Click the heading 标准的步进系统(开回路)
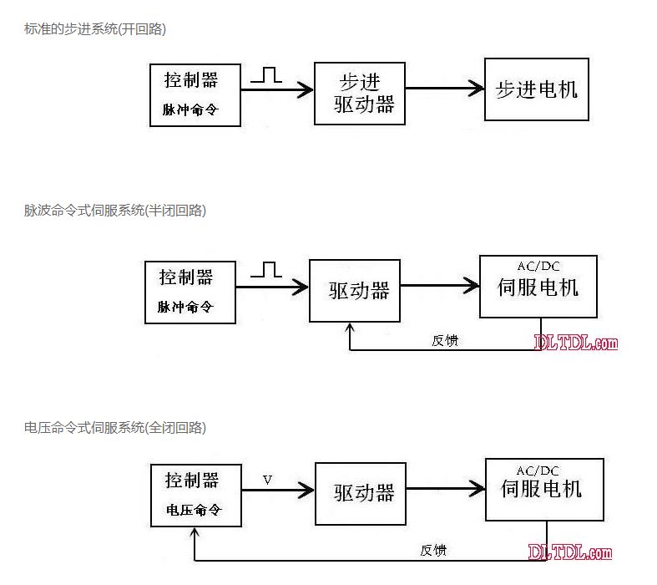(95, 29)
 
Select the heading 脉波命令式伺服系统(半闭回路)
(115, 211)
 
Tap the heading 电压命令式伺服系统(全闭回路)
(115, 428)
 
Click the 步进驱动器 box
(360, 93)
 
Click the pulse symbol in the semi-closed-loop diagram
(266, 269)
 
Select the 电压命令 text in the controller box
(193, 511)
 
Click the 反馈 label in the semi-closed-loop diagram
(444, 340)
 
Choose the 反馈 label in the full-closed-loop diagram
(433, 550)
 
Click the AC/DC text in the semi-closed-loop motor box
(538, 267)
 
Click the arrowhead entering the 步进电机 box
(478, 89)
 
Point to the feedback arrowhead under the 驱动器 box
(349, 328)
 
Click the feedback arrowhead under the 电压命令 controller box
(195, 532)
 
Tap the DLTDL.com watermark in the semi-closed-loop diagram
(576, 342)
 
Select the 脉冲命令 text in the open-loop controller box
(190, 109)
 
